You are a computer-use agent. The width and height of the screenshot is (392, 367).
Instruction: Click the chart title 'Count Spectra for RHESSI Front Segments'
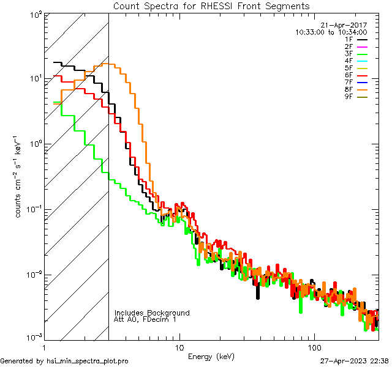click(x=211, y=6)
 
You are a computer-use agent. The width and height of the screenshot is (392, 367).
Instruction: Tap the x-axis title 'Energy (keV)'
click(x=211, y=355)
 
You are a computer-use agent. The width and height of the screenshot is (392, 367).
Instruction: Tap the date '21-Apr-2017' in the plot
click(x=347, y=25)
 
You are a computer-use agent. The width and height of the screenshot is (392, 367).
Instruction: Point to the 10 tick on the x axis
click(x=179, y=347)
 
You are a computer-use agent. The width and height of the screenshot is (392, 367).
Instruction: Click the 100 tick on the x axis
click(x=314, y=347)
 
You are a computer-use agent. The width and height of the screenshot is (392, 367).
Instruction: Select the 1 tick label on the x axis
click(x=45, y=347)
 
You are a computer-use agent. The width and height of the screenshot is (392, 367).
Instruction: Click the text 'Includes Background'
click(x=152, y=313)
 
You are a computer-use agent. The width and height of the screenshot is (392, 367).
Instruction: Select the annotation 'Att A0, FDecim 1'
click(x=146, y=319)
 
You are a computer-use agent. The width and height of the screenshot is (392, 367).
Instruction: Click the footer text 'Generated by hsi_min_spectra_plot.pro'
click(x=65, y=361)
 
